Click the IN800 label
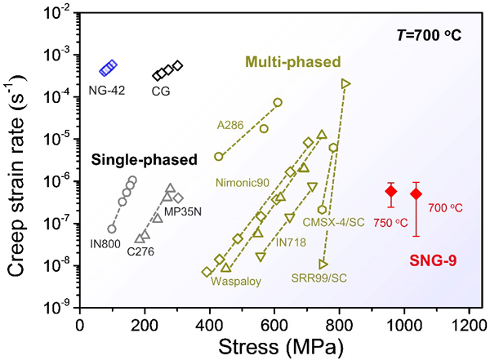point(105,242)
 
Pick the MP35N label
point(184,212)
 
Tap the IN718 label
point(292,242)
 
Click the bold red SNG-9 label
point(433,261)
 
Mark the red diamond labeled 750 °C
point(391,191)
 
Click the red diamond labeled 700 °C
point(416,193)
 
